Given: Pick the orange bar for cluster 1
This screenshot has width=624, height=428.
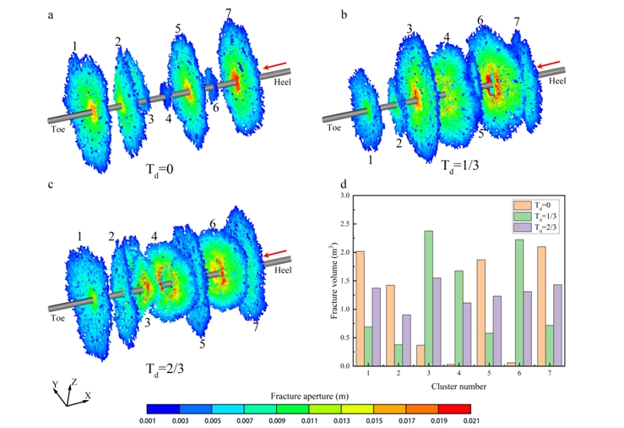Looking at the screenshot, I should (361, 309).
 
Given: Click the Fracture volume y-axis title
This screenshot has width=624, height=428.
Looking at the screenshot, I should (332, 280).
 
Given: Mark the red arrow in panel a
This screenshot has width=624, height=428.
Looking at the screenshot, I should (275, 66).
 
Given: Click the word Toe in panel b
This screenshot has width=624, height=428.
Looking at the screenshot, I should (334, 128).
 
